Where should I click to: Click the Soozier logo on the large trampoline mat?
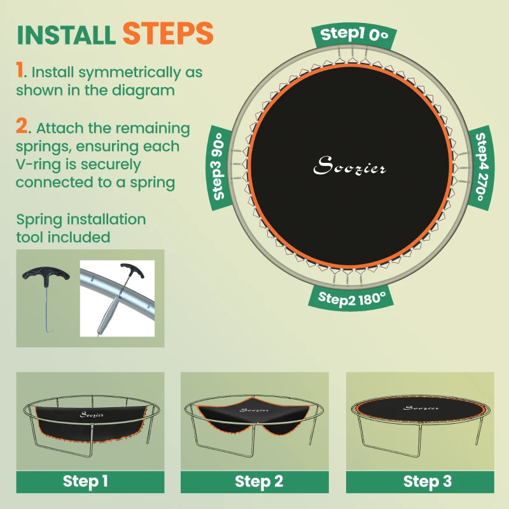click(350, 167)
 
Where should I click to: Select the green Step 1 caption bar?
click(85, 482)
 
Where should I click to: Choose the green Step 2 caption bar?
click(259, 482)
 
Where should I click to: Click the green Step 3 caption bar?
click(428, 482)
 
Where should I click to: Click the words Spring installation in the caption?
click(81, 220)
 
